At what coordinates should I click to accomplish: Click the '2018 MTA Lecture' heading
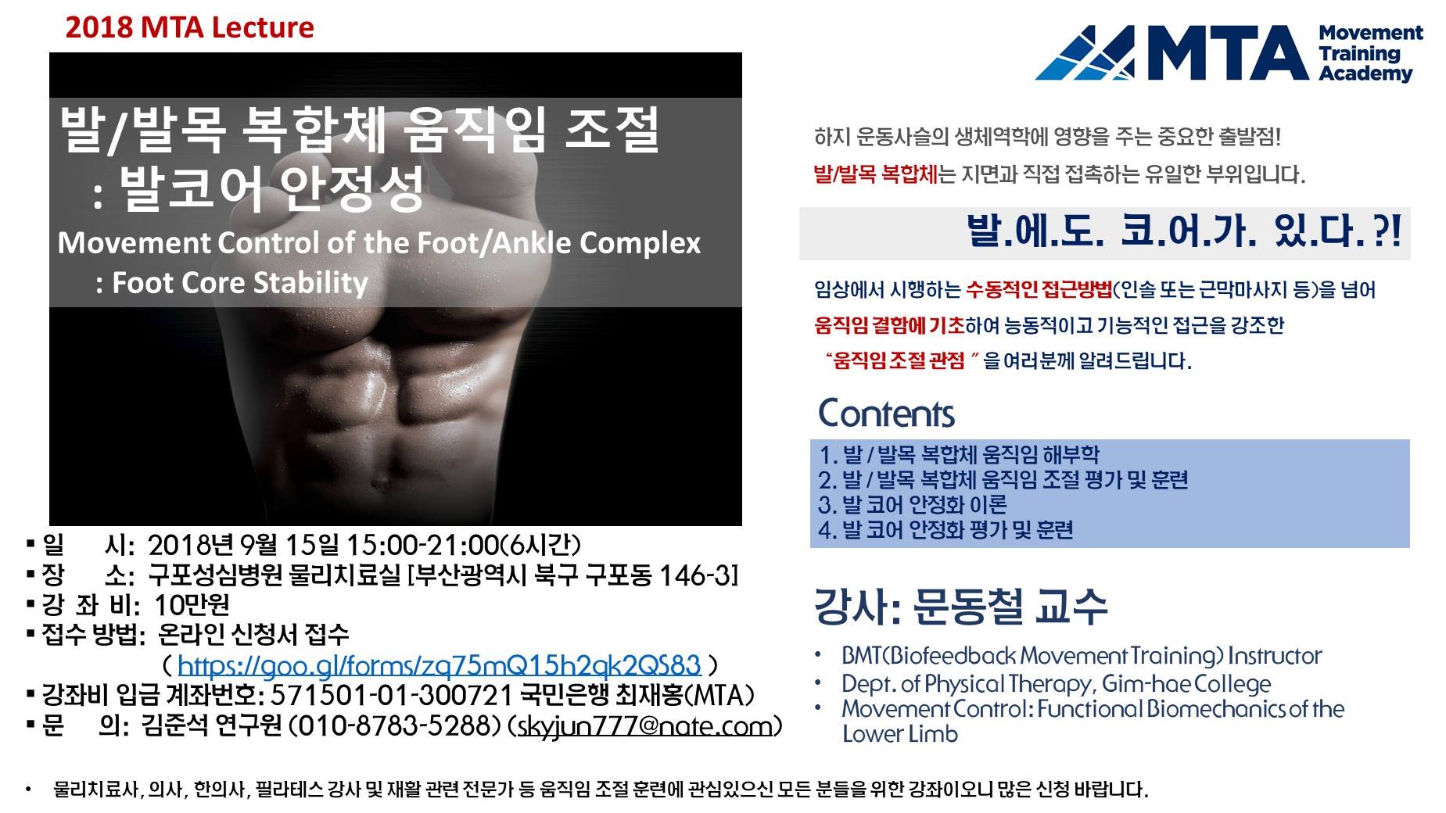point(190,27)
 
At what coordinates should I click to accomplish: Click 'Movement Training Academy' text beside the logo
point(1370,53)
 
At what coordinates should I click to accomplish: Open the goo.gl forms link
point(439,665)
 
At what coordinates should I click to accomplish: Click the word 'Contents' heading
point(886,414)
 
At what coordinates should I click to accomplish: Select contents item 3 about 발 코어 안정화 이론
point(913,504)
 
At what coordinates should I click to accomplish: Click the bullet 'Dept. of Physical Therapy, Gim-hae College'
point(1056,684)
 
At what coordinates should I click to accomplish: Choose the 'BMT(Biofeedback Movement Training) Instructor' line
point(1082,655)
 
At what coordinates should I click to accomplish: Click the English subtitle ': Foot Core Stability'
point(231,282)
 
